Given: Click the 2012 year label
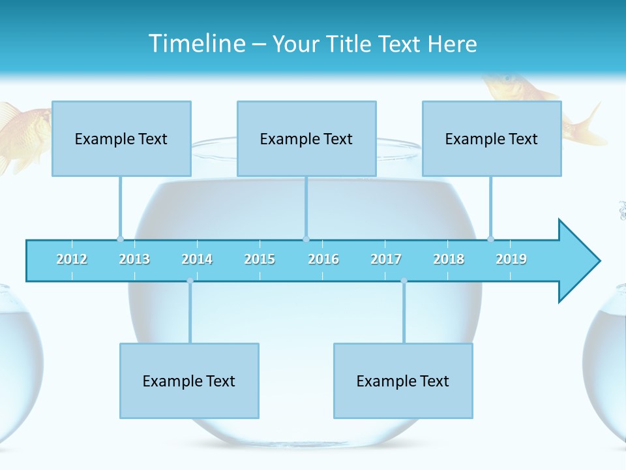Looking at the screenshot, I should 72,259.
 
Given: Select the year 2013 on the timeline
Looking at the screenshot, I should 134,259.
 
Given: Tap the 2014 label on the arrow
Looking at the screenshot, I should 197,259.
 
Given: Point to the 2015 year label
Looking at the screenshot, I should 260,259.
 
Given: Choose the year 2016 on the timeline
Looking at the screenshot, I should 323,259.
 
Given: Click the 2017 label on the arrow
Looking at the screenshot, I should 386,259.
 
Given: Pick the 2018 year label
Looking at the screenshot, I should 449,259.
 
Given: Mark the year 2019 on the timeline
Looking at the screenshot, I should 511,259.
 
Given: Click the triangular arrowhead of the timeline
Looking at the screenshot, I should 577,261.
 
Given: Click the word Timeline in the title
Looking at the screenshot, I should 196,44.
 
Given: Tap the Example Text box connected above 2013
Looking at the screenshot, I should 121,138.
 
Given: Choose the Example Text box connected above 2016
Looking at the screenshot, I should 306,138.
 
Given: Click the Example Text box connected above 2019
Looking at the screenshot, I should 492,138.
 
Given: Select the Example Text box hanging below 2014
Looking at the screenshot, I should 189,381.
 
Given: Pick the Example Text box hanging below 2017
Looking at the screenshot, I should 403,381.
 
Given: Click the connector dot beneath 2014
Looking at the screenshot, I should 190,281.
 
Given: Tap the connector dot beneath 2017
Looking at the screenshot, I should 404,281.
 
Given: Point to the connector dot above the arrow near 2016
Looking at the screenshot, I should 306,239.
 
